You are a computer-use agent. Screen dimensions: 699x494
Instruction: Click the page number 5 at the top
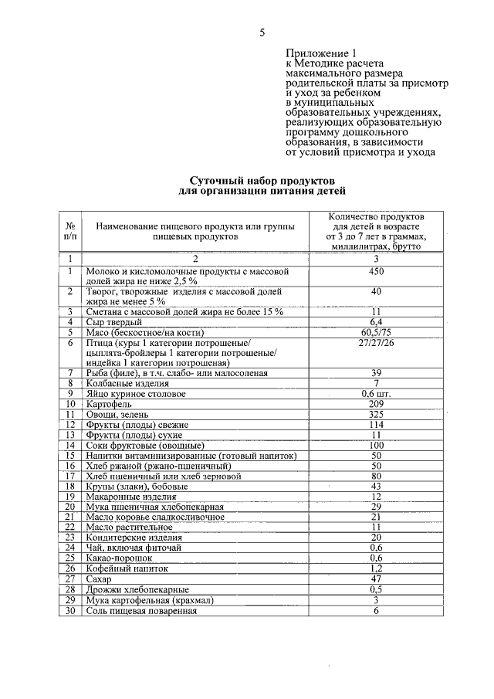(x=262, y=32)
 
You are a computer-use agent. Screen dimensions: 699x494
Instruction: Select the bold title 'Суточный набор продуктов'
(x=262, y=179)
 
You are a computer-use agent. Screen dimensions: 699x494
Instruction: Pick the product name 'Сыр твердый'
(x=113, y=321)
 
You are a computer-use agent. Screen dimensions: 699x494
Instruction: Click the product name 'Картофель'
(x=109, y=403)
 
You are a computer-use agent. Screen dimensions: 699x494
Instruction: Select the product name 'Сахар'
(x=99, y=579)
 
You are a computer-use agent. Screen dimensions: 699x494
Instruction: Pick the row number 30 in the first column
(x=69, y=609)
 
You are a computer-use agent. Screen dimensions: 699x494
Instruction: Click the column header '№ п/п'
(x=69, y=230)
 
